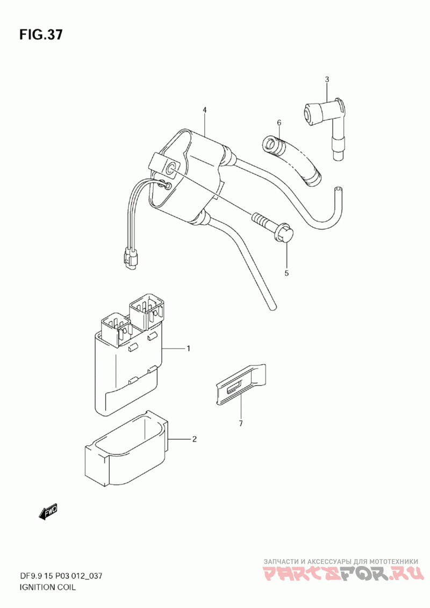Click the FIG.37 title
[41, 35]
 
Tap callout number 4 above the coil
[205, 110]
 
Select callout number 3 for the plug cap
[327, 80]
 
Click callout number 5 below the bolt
[286, 273]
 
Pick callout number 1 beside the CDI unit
[189, 349]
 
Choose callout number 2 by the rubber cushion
[194, 439]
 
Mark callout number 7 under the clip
[241, 424]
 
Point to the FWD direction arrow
[48, 512]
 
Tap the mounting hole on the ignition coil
[171, 169]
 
